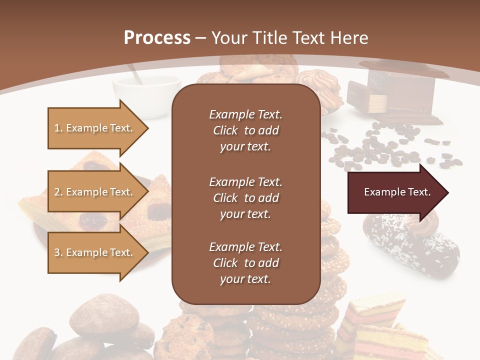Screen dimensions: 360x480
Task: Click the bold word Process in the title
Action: (x=157, y=38)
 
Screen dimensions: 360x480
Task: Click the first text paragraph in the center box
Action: (x=245, y=130)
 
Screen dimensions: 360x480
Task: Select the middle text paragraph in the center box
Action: (x=245, y=198)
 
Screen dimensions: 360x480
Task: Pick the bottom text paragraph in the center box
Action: (x=245, y=263)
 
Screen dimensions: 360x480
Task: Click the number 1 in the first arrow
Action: (x=57, y=128)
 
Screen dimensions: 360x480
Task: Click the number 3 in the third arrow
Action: (x=57, y=252)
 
